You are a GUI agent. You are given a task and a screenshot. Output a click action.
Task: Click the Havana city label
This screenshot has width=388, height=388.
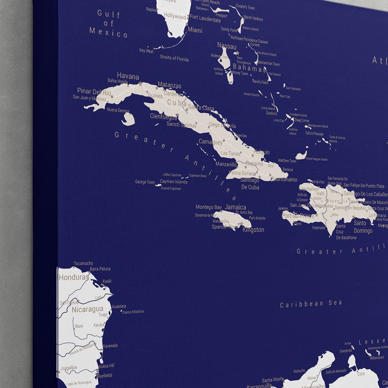coord(128,76)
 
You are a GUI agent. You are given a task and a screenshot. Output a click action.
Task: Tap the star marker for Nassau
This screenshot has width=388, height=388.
coord(237,53)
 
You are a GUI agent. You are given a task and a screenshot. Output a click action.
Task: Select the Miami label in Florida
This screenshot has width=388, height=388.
coord(195,30)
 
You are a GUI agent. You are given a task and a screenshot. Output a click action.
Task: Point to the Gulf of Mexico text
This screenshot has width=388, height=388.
coord(109,24)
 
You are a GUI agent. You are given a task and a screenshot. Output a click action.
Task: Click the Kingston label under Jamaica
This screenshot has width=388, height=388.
coord(253,230)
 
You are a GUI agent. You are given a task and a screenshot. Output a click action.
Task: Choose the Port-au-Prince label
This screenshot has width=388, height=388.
coord(298,215)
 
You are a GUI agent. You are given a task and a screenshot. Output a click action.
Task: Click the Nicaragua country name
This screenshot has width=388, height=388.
coord(87,309)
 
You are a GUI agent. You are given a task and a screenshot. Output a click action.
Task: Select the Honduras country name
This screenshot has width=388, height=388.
coord(74,277)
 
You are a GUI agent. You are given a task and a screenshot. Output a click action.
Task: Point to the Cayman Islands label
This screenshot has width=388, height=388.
coord(174,182)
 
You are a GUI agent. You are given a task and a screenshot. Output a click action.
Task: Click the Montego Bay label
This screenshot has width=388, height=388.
coord(209,207)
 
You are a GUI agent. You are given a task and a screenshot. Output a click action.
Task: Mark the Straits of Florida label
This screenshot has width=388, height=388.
coord(174,59)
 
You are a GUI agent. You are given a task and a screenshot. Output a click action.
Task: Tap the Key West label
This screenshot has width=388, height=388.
coord(146,51)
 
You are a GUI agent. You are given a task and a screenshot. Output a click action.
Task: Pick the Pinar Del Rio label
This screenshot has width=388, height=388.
coord(94,92)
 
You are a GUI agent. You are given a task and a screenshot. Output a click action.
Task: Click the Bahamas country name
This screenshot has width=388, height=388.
coord(249,69)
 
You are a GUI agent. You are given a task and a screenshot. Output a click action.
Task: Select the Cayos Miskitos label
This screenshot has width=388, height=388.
coord(133,312)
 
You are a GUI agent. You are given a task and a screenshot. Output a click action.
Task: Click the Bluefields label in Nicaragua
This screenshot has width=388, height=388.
coord(104,376)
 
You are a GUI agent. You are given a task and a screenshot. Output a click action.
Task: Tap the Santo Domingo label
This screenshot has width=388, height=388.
coord(363,227)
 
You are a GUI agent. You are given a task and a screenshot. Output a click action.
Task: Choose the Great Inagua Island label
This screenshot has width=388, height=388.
coord(317,159)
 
